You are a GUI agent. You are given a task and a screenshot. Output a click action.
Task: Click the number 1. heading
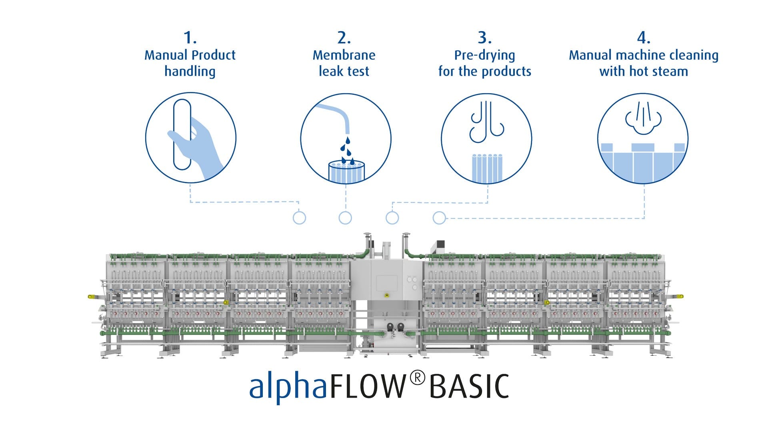pyautogui.click(x=190, y=38)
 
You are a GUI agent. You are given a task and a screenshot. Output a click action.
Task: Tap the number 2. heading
pyautogui.click(x=344, y=38)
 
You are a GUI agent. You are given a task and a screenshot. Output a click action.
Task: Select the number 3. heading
pyautogui.click(x=485, y=38)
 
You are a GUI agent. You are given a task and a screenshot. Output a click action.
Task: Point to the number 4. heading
pyautogui.click(x=644, y=38)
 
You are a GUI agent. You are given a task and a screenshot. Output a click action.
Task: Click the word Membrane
pyautogui.click(x=344, y=55)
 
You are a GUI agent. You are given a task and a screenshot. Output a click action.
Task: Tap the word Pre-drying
pyautogui.click(x=485, y=55)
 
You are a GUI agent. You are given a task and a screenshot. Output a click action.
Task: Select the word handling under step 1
pyautogui.click(x=190, y=72)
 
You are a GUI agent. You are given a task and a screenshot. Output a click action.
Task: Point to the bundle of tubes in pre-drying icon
pyautogui.click(x=487, y=168)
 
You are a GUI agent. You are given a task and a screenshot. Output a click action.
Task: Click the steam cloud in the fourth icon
pyautogui.click(x=643, y=118)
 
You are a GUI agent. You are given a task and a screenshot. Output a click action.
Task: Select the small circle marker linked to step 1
pyautogui.click(x=299, y=218)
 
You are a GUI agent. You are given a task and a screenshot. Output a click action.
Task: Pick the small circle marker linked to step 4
pyautogui.click(x=439, y=218)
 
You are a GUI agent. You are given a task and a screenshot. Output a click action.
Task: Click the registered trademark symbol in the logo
pyautogui.click(x=417, y=378)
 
